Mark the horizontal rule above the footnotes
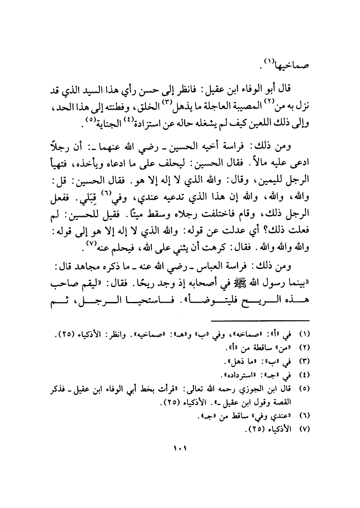(x=260, y=320)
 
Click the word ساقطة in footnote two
(x=258, y=348)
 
